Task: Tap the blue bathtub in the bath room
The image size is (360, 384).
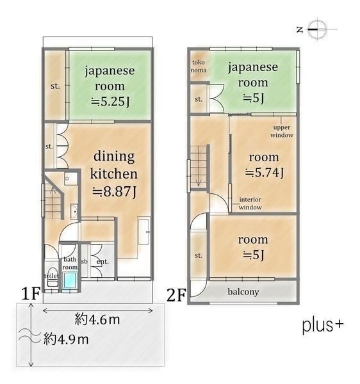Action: coord(70,281)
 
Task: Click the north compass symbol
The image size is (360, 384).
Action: coord(317,29)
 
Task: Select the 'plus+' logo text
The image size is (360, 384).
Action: coord(323,326)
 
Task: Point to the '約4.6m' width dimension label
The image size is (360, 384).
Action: coord(97,319)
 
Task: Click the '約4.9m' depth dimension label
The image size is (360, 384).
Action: coord(66,339)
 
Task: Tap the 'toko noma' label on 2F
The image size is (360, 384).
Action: coord(199,66)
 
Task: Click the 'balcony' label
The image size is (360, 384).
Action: coord(243,292)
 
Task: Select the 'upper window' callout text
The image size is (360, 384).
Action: coord(282,131)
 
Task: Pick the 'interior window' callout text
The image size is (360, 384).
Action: coord(250,204)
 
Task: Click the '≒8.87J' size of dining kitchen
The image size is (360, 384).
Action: coord(114,192)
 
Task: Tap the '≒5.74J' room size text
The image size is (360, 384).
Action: coord(265,173)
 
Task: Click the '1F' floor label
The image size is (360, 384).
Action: coord(31,294)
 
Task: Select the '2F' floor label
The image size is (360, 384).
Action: coord(176,295)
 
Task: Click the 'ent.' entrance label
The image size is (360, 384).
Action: coord(102,262)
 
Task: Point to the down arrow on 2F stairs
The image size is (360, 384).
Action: coord(199,182)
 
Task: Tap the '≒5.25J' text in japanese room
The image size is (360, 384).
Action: coord(110,101)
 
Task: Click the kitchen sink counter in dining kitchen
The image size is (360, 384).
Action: coord(143,230)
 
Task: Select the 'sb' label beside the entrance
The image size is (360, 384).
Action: coord(84,261)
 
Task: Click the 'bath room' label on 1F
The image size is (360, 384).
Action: coord(70,263)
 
